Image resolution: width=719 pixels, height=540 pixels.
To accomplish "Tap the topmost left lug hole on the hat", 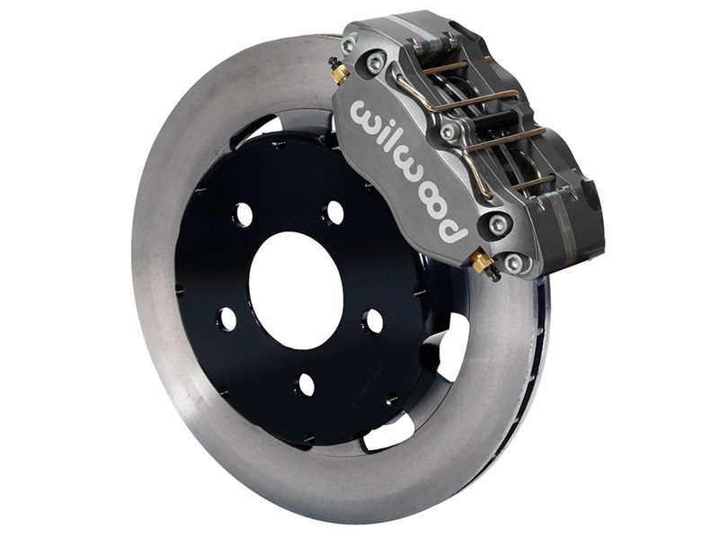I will click(x=244, y=214).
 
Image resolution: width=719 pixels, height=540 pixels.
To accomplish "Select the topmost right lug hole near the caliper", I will click(x=334, y=212).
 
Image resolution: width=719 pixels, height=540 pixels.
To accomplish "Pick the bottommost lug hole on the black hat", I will click(x=306, y=384).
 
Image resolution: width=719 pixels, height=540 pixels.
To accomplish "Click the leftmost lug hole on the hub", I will click(x=226, y=319).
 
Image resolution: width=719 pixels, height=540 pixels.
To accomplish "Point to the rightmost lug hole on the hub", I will click(x=373, y=321).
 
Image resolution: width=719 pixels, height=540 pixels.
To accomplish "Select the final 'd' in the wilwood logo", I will click(x=453, y=230).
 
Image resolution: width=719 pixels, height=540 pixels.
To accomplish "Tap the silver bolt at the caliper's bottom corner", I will click(x=513, y=264).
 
